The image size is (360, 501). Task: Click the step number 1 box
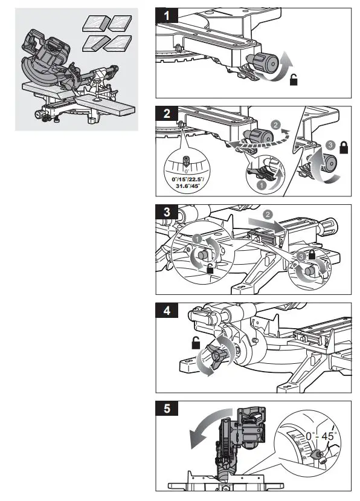tap(167, 15)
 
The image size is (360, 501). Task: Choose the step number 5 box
tap(167, 409)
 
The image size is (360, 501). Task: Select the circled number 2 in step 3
tap(266, 213)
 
